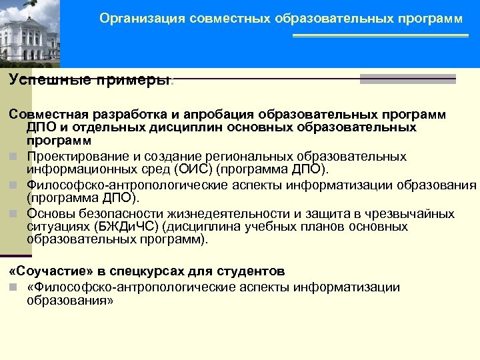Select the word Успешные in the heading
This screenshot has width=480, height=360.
click(x=41, y=79)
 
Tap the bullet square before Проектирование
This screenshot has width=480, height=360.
click(x=13, y=157)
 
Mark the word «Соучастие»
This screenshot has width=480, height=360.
click(x=42, y=271)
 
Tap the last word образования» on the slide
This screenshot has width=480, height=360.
click(x=70, y=300)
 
